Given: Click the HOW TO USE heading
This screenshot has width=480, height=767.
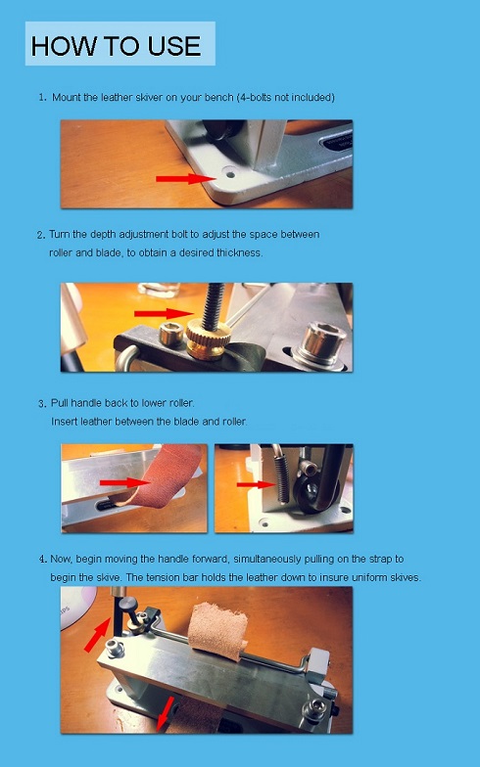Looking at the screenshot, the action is tap(116, 46).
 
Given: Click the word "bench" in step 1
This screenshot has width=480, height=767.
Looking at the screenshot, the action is tap(219, 98).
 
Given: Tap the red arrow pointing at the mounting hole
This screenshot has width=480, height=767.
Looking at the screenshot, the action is tap(186, 178).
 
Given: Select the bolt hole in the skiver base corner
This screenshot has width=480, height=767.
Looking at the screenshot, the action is tap(229, 174).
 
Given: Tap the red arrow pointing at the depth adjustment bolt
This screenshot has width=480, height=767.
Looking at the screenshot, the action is tap(165, 313).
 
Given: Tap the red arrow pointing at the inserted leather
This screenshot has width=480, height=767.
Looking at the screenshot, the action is tap(124, 483).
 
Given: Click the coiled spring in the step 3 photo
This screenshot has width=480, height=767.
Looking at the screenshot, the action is tap(282, 478).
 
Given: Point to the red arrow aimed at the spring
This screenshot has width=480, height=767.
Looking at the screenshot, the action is tap(256, 485).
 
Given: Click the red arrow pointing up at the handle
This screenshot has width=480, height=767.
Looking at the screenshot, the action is tap(98, 634).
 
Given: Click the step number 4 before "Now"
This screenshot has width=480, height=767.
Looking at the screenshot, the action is tap(43, 559).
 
